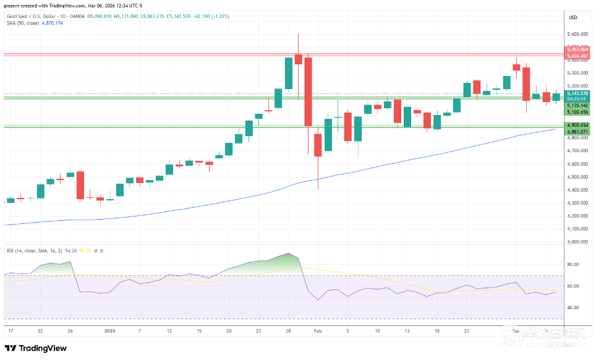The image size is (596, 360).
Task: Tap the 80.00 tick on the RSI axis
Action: pos(572,264)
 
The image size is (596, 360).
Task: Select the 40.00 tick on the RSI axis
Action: pos(572,307)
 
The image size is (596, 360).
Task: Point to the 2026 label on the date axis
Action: pos(110,331)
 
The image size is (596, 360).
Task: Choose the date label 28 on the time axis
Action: pos(289,331)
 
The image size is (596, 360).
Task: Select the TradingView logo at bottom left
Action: pos(36,348)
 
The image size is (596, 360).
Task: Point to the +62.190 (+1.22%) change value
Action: pos(212,16)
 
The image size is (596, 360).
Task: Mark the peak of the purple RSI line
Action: pos(288,254)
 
